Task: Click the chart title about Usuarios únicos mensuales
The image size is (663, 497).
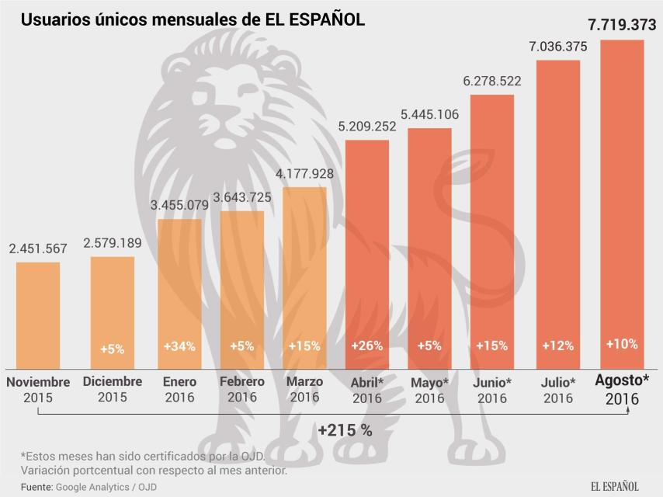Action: tap(193, 19)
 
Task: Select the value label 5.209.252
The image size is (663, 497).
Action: tap(366, 126)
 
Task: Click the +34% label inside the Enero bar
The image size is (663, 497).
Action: tap(179, 346)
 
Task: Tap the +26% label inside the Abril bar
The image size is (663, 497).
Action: tap(366, 346)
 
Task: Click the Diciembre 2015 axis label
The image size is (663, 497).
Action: tap(113, 389)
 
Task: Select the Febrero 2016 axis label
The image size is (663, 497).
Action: tap(241, 389)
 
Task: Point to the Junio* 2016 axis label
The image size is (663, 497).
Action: tap(492, 390)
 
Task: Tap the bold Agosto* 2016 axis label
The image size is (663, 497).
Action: tap(622, 389)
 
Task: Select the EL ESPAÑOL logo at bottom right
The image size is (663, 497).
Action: tap(614, 486)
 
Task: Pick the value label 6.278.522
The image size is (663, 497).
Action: tap(492, 81)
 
